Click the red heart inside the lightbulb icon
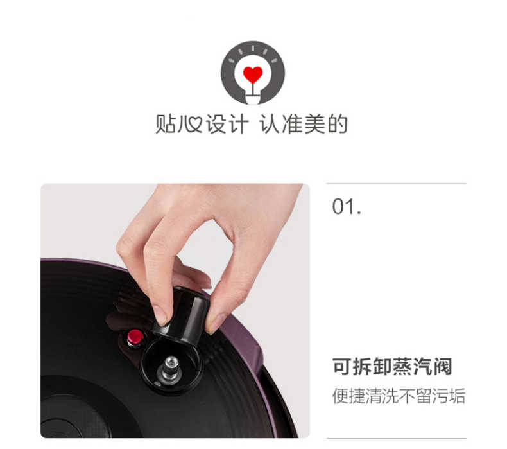[253, 75]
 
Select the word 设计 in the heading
[227, 124]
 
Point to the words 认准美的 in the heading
[304, 124]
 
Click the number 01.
[347, 207]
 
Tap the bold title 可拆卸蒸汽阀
[392, 367]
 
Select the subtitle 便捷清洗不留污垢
[399, 396]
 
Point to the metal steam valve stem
[170, 367]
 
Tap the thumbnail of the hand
[160, 315]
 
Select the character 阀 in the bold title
[442, 367]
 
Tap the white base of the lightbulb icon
[253, 97]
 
